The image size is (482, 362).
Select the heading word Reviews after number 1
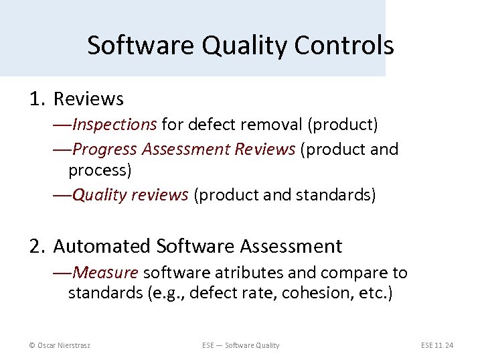tap(88, 99)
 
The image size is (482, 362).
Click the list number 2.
tap(36, 247)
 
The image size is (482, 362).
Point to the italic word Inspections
tap(114, 125)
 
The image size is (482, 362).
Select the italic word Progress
tap(100, 149)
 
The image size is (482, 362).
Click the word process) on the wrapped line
tap(100, 170)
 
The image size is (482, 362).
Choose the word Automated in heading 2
tap(102, 247)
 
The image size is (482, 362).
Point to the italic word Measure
tap(106, 273)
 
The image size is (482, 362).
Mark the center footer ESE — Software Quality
tap(241, 345)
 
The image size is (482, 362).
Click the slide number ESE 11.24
tap(437, 345)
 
